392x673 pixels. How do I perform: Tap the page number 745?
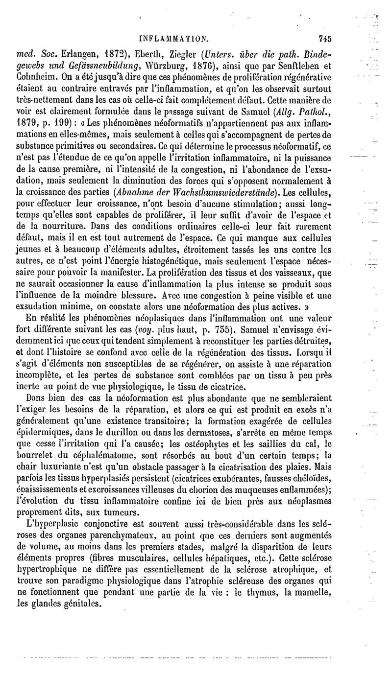point(325,37)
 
